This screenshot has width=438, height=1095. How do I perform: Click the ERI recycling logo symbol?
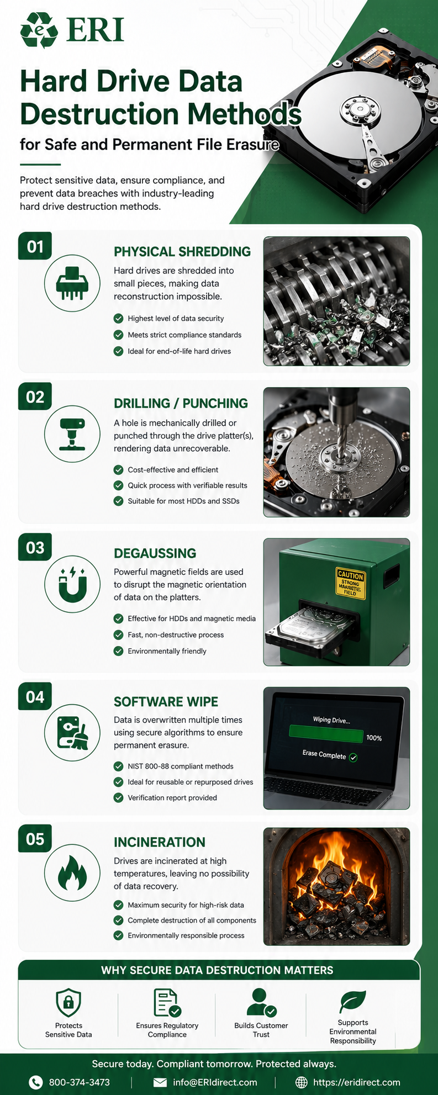click(39, 30)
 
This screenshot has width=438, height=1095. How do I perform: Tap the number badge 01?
click(35, 246)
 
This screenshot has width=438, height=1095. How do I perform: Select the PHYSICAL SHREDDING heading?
click(182, 252)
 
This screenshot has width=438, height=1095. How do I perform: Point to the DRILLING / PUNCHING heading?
click(181, 403)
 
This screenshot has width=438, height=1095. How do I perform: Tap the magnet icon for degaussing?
click(73, 584)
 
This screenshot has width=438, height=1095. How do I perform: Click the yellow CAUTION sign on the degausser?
click(351, 583)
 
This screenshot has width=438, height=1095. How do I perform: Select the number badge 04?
click(35, 697)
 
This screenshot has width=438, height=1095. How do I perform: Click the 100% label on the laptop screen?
click(374, 738)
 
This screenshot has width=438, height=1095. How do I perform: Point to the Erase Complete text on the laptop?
click(324, 755)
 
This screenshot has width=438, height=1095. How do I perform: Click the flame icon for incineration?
click(72, 874)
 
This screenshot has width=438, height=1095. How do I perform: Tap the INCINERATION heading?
click(160, 842)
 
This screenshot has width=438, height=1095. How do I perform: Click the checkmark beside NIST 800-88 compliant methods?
click(118, 766)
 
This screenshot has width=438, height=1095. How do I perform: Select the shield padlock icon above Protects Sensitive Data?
click(68, 1002)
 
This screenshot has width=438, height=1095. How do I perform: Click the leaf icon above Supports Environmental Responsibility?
click(353, 1001)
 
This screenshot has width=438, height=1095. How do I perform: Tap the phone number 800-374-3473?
click(80, 1082)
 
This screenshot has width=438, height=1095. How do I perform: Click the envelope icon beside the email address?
click(160, 1082)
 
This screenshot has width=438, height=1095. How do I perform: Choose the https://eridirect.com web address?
click(357, 1082)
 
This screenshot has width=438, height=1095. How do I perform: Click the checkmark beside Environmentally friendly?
click(118, 651)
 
